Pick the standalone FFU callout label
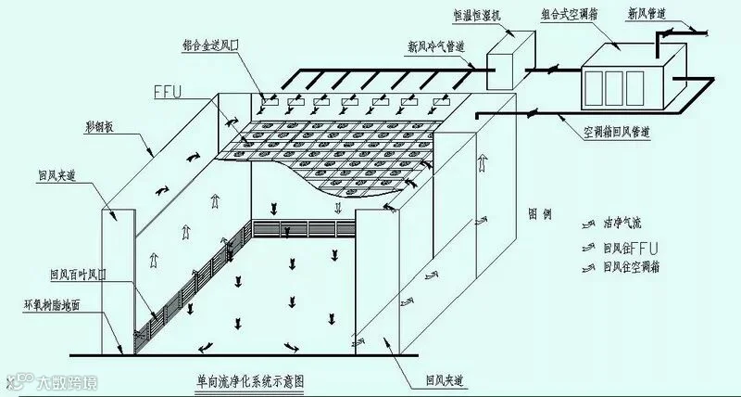tap(171, 93)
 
